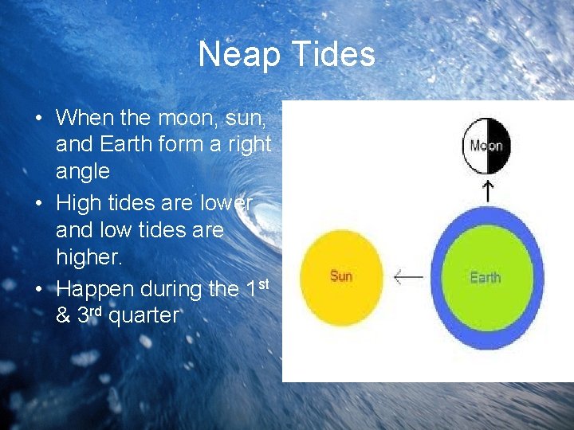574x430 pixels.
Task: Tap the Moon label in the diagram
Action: [x=486, y=146]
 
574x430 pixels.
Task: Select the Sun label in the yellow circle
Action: [x=341, y=276]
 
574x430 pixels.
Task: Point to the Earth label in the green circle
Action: [x=485, y=277]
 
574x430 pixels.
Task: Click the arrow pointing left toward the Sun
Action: [x=408, y=277]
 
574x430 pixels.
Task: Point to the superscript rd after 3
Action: [x=94, y=307]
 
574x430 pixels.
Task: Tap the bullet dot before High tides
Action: [x=38, y=203]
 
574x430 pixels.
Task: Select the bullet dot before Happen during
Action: [x=38, y=287]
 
